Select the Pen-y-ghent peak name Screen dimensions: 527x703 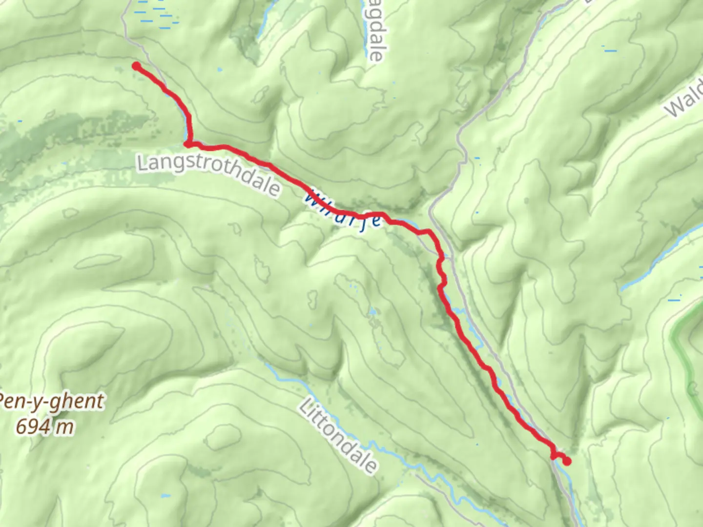tap(51, 402)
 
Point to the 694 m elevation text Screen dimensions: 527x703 tap(45, 427)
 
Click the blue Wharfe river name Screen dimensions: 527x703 tap(343, 213)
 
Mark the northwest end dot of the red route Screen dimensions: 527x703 tap(136, 66)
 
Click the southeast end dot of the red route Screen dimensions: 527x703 tap(567, 461)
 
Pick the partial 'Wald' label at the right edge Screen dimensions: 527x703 tap(684, 101)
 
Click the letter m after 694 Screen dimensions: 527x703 tap(64, 427)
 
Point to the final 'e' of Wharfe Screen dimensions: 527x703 tap(375, 221)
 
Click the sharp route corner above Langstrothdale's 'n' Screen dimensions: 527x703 tap(188, 144)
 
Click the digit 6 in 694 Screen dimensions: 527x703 tap(21, 426)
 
